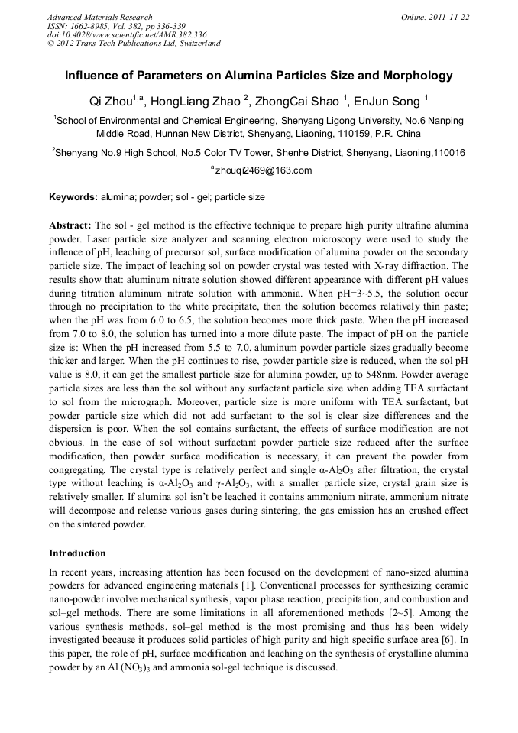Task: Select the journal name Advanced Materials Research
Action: [x=99, y=16]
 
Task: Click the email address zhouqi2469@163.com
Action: [x=262, y=170]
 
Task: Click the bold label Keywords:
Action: [x=73, y=197]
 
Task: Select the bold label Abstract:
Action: [x=70, y=226]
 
